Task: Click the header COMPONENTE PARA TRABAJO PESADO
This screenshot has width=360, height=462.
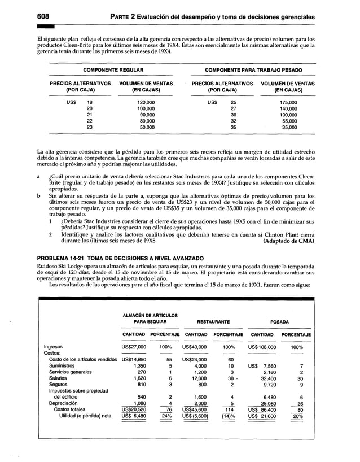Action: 253,70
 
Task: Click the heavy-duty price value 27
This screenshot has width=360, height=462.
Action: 234,109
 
